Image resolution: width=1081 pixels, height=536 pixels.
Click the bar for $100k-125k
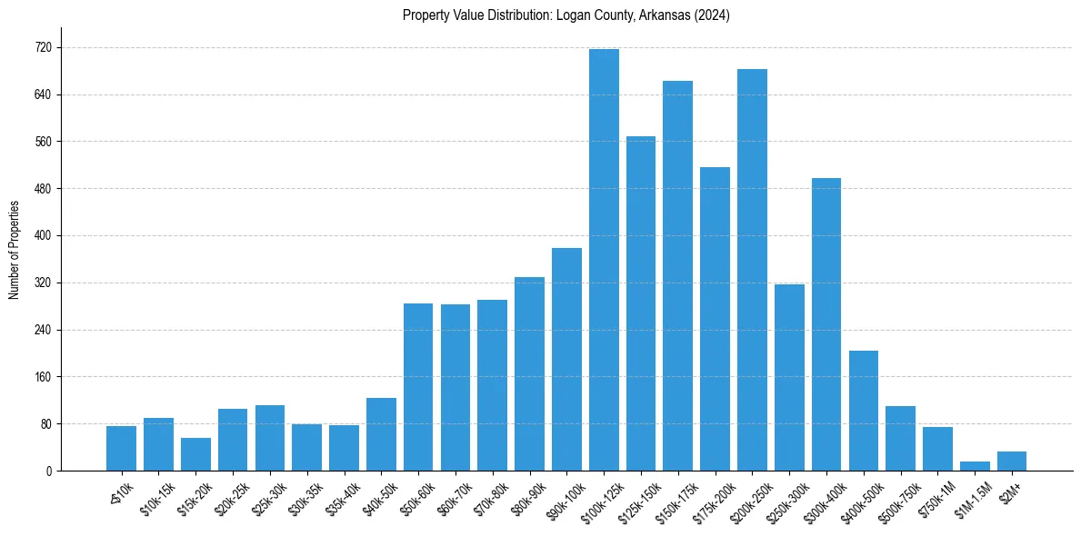click(604, 260)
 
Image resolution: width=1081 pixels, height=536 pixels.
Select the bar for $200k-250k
click(752, 270)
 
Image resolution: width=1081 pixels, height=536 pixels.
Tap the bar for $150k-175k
click(677, 275)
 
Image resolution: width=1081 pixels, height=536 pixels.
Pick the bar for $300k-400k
click(826, 324)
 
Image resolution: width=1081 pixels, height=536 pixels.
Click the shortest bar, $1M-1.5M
click(975, 466)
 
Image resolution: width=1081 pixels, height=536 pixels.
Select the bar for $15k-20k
click(195, 454)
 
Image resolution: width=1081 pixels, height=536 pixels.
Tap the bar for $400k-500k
click(863, 411)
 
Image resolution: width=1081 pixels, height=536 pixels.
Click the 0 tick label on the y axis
click(49, 471)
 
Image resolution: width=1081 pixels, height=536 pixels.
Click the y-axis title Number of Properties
click(14, 250)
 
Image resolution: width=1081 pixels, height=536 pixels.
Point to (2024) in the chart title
click(710, 15)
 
